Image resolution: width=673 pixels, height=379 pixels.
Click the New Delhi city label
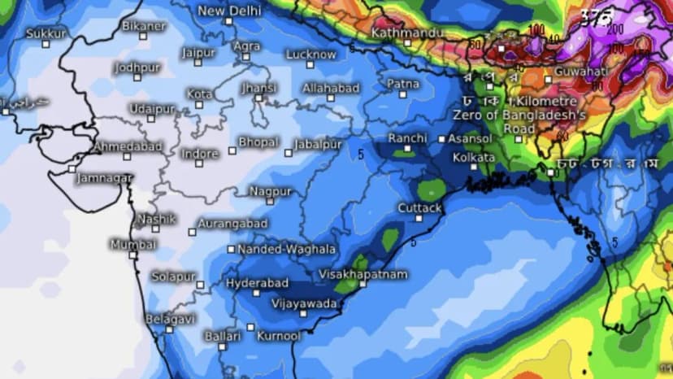[x=229, y=11]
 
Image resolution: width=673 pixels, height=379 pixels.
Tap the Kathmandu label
[x=406, y=33]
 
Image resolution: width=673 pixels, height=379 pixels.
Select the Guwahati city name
[x=575, y=72]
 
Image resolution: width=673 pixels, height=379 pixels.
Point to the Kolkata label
[x=474, y=156]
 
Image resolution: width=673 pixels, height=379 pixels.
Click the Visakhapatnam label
[x=363, y=275]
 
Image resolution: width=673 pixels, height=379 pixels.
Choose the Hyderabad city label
[x=257, y=282]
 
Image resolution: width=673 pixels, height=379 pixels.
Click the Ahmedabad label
[x=128, y=147]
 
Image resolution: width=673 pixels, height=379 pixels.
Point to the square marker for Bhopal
[x=232, y=150]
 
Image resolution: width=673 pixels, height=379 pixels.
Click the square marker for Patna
[x=402, y=94]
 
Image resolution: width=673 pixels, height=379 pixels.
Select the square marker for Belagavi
[x=170, y=329]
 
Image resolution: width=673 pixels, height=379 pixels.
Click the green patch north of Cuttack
[x=431, y=190]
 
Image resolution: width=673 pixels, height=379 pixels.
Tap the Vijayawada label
[x=305, y=303]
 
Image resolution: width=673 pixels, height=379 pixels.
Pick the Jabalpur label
[x=318, y=144]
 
